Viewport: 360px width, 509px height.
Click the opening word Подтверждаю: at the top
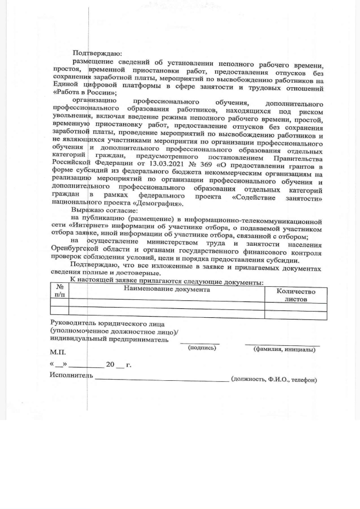[93, 53]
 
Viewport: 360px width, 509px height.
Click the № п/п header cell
[59, 290]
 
